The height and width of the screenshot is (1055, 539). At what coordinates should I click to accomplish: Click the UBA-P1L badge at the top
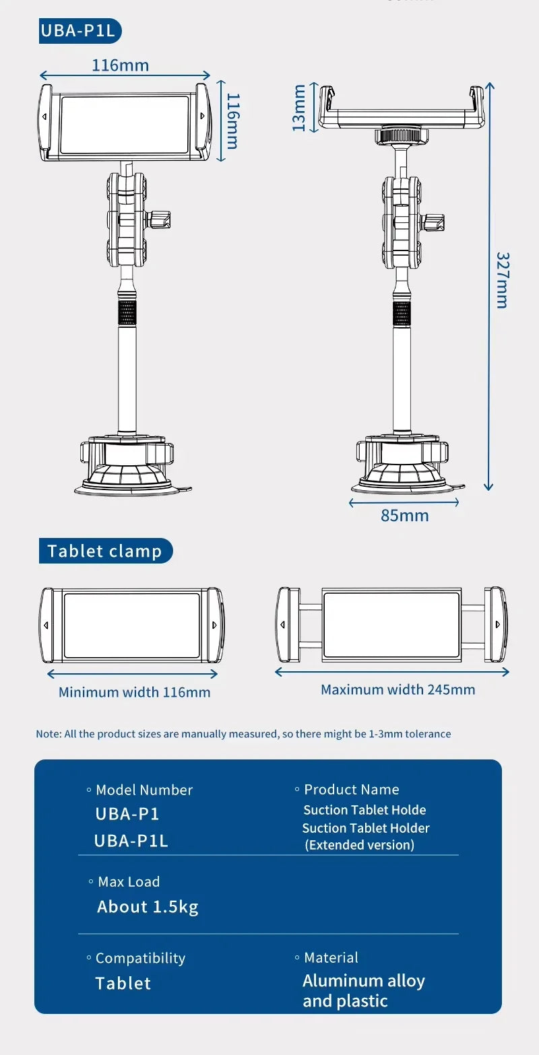[x=80, y=32]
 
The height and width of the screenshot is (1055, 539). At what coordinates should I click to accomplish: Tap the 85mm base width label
[x=404, y=516]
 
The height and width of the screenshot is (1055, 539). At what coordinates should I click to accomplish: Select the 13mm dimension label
[x=299, y=108]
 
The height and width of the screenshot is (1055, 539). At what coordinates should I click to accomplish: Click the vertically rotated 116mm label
[x=232, y=121]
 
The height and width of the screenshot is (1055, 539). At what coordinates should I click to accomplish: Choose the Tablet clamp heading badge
[x=105, y=551]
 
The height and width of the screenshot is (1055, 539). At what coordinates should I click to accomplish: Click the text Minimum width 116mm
[x=134, y=692]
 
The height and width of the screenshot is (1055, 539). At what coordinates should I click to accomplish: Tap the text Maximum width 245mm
[x=398, y=689]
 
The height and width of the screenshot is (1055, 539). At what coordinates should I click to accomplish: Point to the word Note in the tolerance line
[x=49, y=734]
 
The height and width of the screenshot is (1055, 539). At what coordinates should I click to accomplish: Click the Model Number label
[x=144, y=790]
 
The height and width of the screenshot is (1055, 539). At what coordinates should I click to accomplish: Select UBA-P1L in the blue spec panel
[x=131, y=841]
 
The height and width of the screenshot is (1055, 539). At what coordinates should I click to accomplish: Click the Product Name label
[x=351, y=790]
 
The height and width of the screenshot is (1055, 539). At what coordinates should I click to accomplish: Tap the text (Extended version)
[x=360, y=845]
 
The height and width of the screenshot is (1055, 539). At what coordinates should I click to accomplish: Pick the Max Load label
[x=129, y=882]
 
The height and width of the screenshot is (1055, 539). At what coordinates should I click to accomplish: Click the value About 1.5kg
[x=148, y=907]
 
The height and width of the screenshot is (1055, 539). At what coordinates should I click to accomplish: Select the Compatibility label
[x=139, y=958]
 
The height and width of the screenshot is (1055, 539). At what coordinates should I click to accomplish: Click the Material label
[x=331, y=957]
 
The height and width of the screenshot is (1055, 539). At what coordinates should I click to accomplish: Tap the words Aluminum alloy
[x=364, y=981]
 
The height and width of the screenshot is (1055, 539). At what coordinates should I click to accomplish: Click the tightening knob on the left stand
[x=160, y=219]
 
